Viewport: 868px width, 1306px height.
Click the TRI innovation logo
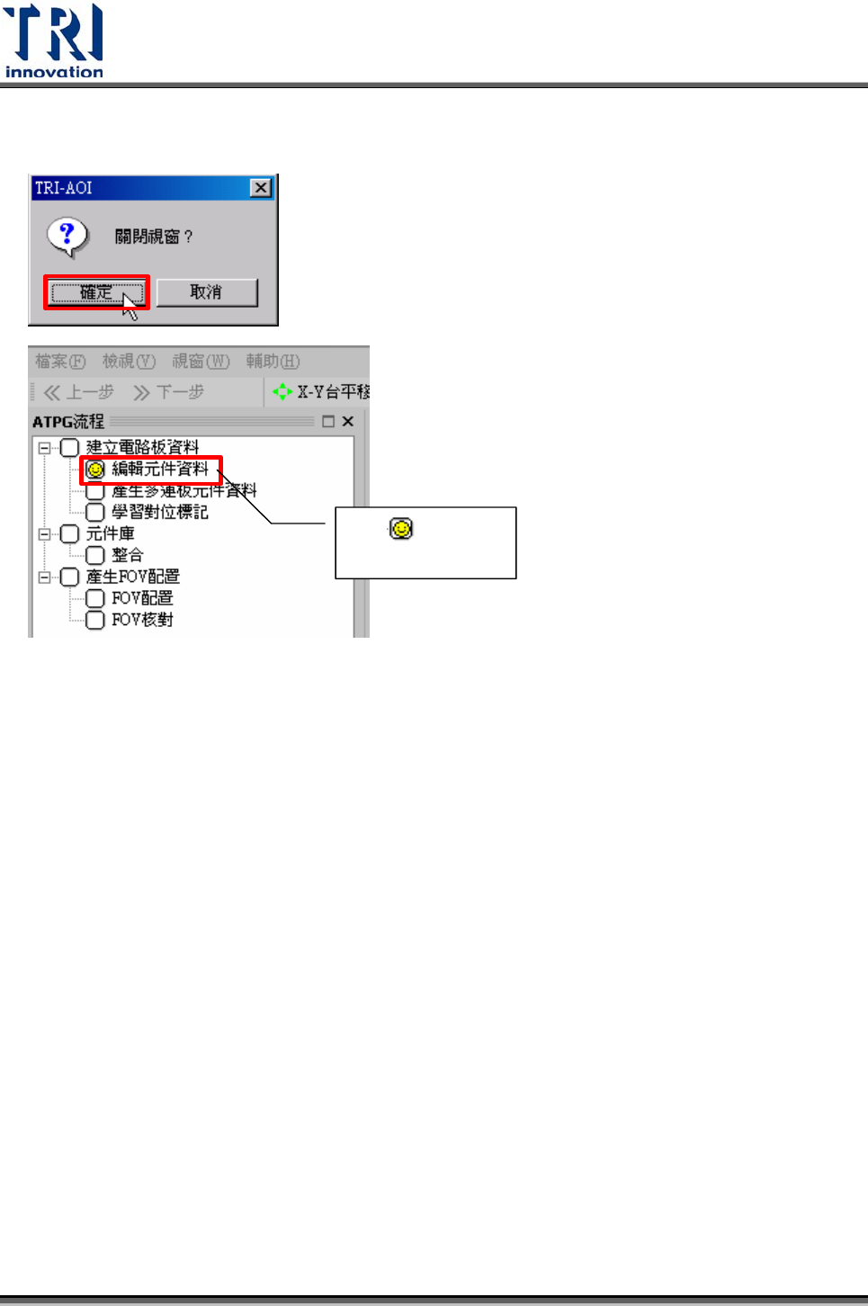click(54, 40)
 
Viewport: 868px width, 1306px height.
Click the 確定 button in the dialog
click(96, 292)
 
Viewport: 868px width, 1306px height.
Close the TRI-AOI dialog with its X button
click(261, 188)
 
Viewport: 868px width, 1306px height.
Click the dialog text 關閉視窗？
click(153, 237)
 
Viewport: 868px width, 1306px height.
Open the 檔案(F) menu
click(60, 362)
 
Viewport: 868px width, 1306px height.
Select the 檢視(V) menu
click(129, 362)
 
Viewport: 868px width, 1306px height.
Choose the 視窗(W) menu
click(201, 362)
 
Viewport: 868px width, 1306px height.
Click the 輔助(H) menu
click(273, 362)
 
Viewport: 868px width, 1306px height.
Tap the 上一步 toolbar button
click(79, 392)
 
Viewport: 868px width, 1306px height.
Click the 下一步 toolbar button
click(168, 392)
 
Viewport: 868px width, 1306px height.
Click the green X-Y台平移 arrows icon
click(282, 392)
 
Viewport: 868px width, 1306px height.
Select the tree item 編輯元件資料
click(160, 469)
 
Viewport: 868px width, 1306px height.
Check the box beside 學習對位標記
click(95, 512)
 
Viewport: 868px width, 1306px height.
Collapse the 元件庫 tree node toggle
click(44, 533)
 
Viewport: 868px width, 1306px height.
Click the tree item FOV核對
click(142, 620)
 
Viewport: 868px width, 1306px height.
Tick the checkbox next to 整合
click(95, 555)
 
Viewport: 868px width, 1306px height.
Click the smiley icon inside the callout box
click(401, 529)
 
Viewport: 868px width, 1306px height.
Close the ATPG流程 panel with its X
click(348, 421)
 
